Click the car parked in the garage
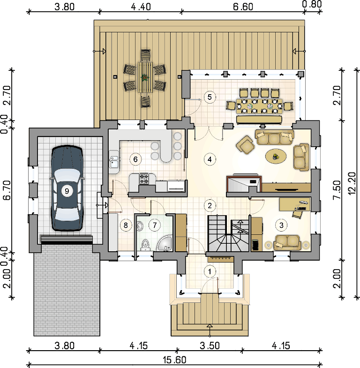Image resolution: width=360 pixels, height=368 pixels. [x=67, y=188]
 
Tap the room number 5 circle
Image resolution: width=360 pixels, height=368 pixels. [x=210, y=97]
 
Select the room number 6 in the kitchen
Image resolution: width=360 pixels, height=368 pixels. [x=135, y=159]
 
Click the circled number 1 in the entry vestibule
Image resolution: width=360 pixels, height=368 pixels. [x=210, y=271]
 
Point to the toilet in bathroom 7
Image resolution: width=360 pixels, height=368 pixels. [x=145, y=245]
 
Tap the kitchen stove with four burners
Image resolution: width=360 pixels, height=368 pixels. [x=144, y=179]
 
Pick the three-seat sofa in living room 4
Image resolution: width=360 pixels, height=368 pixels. [x=274, y=137]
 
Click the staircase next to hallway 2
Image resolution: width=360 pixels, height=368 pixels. [x=228, y=233]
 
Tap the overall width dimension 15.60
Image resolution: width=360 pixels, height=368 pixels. [x=174, y=360]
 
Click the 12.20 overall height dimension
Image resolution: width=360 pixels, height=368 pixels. [x=352, y=183]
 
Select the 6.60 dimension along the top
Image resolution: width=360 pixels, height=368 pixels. [x=243, y=7]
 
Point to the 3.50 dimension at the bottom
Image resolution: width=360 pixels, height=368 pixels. [x=210, y=345]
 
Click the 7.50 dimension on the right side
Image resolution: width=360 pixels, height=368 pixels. [x=337, y=190]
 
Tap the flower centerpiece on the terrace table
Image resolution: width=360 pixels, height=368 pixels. [x=145, y=77]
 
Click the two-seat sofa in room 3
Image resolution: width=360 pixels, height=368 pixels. [x=287, y=242]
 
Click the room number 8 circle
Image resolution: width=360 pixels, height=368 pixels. [x=126, y=225]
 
